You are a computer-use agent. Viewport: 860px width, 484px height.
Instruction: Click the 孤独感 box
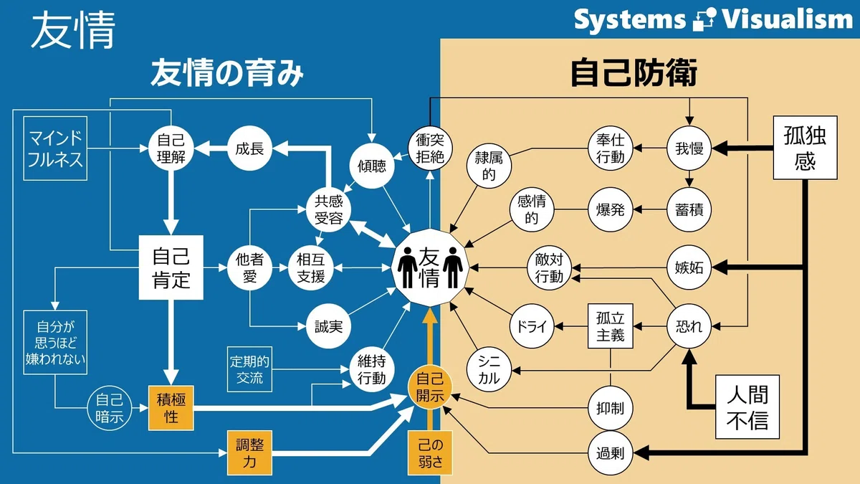pos(805,148)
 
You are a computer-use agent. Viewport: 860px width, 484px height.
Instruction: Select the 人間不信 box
pos(747,407)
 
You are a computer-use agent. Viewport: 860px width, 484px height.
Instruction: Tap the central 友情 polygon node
pos(430,267)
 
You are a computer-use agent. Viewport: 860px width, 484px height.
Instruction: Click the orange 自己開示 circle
pos(430,387)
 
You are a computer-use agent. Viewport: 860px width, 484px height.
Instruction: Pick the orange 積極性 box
pos(171,408)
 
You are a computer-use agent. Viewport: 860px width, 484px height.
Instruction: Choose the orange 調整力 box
pos(249,453)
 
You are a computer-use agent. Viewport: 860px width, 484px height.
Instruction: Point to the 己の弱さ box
pos(430,453)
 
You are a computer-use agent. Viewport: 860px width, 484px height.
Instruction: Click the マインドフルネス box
pos(55,148)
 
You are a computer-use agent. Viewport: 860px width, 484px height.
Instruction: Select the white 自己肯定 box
pos(171,267)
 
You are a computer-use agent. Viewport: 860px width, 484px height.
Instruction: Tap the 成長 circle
pos(249,148)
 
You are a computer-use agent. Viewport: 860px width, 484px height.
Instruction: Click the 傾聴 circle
pos(372,166)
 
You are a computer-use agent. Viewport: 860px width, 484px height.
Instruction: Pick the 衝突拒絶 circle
pos(430,148)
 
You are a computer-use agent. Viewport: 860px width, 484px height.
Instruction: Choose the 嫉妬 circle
pos(689,267)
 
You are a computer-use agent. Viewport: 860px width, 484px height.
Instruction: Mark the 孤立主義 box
pos(611,326)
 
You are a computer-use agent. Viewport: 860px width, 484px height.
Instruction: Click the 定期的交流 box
pos(249,369)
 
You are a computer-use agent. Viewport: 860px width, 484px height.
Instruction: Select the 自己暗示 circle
pos(110,408)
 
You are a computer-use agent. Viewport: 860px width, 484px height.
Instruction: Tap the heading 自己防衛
pos(634,72)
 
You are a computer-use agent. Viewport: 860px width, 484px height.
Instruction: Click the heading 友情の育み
pos(227,72)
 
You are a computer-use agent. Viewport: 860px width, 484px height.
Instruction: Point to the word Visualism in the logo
pos(788,19)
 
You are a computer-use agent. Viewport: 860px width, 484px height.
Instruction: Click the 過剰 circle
pos(611,453)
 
